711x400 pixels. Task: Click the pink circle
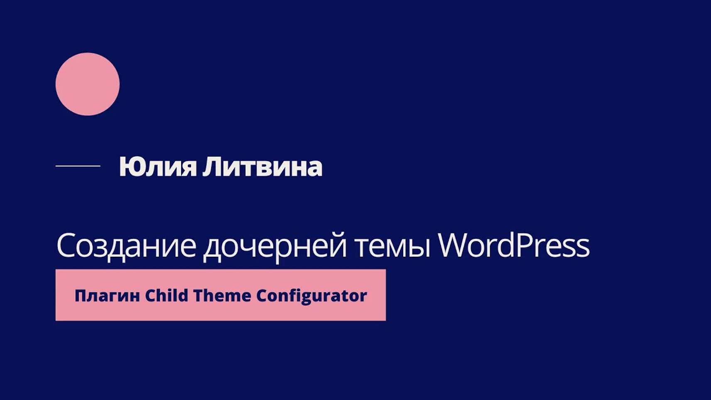click(x=87, y=84)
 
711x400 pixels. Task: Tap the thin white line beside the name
click(x=78, y=166)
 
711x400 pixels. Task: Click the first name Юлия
click(x=157, y=167)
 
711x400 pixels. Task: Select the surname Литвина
click(x=262, y=167)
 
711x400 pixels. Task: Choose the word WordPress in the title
click(x=514, y=245)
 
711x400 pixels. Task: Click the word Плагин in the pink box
click(x=107, y=296)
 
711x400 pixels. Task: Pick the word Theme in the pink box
click(x=222, y=295)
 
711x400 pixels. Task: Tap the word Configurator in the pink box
click(x=311, y=296)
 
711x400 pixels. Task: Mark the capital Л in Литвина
click(x=211, y=167)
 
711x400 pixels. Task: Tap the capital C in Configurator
click(x=262, y=295)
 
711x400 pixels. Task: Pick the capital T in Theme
click(x=198, y=295)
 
